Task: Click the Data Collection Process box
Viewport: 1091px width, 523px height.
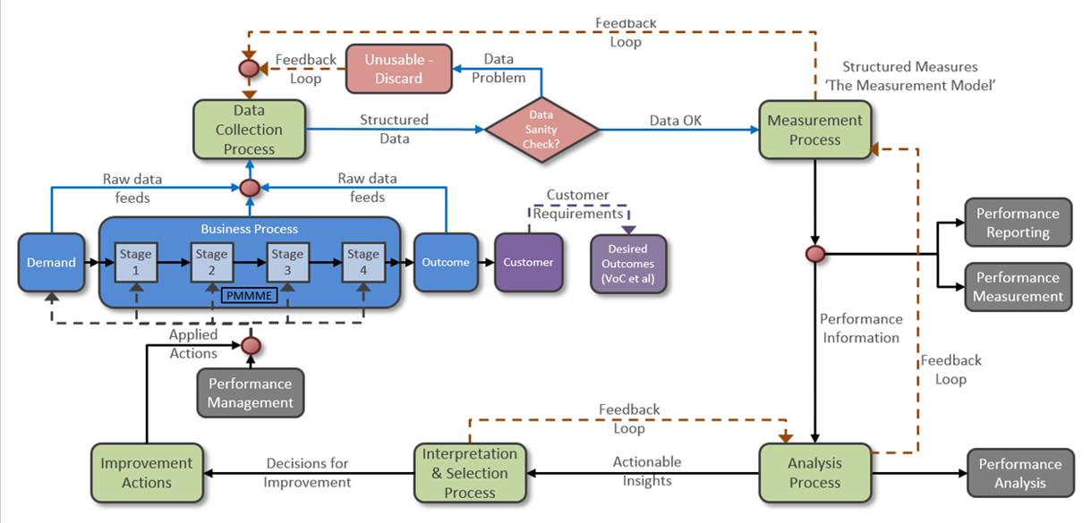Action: (x=249, y=130)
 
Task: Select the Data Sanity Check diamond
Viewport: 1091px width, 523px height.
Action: (x=541, y=130)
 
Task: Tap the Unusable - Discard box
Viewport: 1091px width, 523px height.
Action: (x=398, y=69)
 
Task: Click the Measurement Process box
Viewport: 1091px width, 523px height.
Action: (x=814, y=130)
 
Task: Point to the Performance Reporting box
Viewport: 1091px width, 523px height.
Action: (x=1018, y=223)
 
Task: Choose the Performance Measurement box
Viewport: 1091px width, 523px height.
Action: (x=1018, y=287)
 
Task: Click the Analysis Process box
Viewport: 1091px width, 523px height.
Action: (x=814, y=473)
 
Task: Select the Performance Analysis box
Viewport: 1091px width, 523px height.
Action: (x=1019, y=473)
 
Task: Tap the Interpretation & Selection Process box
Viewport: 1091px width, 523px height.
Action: (x=470, y=473)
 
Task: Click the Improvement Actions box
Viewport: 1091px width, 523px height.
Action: (x=147, y=473)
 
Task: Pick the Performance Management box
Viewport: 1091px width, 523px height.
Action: (x=251, y=392)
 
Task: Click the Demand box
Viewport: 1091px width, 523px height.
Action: (x=51, y=263)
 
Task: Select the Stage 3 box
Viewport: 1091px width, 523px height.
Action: (x=287, y=262)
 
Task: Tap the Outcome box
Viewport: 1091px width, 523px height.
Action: (x=446, y=263)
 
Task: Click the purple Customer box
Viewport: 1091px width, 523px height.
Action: (x=528, y=263)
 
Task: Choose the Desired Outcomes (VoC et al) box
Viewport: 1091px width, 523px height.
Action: (x=627, y=264)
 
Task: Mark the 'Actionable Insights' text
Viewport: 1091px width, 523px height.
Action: (x=647, y=471)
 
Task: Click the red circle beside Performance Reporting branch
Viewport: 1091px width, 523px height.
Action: (x=814, y=255)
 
